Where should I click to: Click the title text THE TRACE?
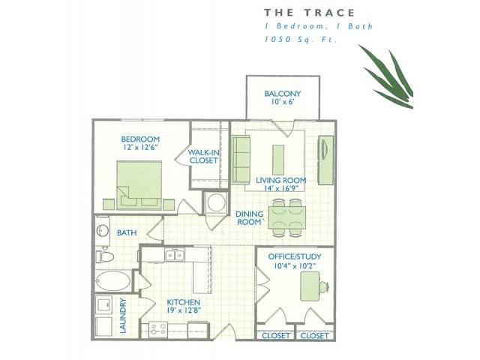[x=309, y=13]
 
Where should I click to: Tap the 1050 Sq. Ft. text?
[x=301, y=39]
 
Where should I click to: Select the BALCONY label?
[x=283, y=93]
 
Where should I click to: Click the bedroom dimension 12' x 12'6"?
[x=140, y=147]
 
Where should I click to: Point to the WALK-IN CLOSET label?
[x=203, y=156]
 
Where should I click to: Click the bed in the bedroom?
[x=139, y=185]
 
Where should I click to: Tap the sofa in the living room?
[x=241, y=159]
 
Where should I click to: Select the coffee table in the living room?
[x=278, y=160]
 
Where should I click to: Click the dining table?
[x=286, y=217]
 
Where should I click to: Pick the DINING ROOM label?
[x=250, y=217]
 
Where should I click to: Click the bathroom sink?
[x=103, y=230]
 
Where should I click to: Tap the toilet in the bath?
[x=104, y=256]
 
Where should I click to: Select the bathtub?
[x=112, y=280]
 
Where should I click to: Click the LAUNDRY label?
[x=123, y=316]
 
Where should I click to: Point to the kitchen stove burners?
[x=158, y=329]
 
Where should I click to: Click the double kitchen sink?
[x=175, y=255]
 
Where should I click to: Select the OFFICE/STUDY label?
[x=295, y=256]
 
